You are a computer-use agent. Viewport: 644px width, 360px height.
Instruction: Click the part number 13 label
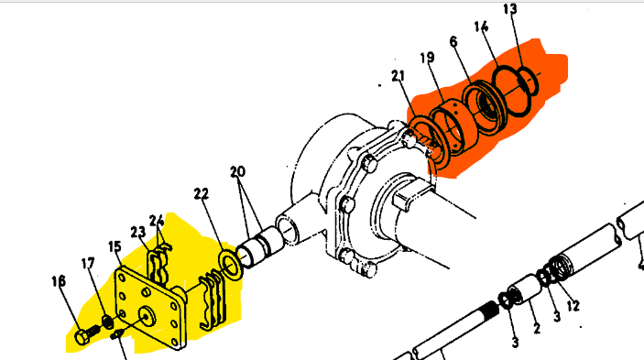point(510,9)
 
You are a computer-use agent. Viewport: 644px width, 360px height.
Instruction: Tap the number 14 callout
point(481,27)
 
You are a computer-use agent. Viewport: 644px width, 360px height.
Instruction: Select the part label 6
point(453,41)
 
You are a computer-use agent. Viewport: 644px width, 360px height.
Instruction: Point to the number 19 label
point(427,58)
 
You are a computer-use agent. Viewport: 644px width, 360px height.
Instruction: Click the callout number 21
point(398,75)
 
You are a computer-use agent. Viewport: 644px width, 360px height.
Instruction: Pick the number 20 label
point(237,171)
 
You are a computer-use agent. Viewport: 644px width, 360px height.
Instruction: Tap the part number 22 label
point(202,194)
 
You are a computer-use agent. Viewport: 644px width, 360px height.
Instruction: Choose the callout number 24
point(157,221)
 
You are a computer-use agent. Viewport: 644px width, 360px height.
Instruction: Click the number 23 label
point(138,233)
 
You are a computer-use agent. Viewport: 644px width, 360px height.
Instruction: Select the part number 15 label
point(115,246)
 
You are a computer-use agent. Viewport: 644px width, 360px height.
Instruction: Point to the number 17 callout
point(88,263)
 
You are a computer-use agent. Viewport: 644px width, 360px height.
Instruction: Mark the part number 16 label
point(59,281)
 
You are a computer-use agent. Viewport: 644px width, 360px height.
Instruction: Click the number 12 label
point(573,305)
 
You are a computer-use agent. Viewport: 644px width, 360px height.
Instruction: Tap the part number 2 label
point(537,328)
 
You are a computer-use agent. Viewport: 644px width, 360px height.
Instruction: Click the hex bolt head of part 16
point(82,337)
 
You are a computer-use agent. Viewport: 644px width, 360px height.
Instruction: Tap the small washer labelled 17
point(107,322)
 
